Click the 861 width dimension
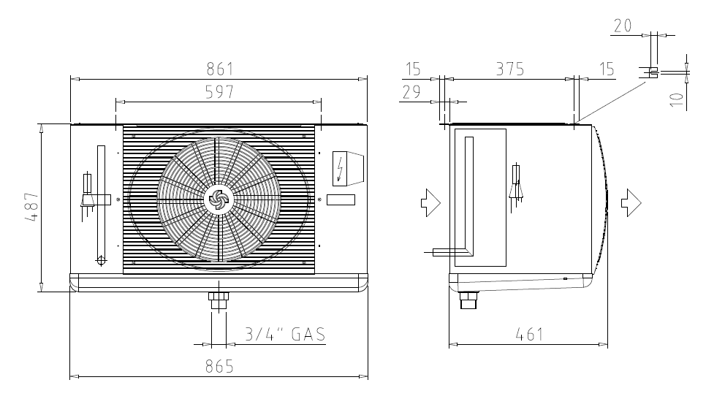click(220, 69)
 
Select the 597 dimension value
click(219, 92)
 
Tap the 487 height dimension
click(31, 207)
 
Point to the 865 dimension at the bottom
click(219, 366)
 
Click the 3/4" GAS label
click(285, 334)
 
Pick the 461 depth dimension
click(529, 334)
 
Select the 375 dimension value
click(510, 69)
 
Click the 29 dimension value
click(411, 93)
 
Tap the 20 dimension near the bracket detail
click(623, 26)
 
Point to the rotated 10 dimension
click(676, 99)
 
